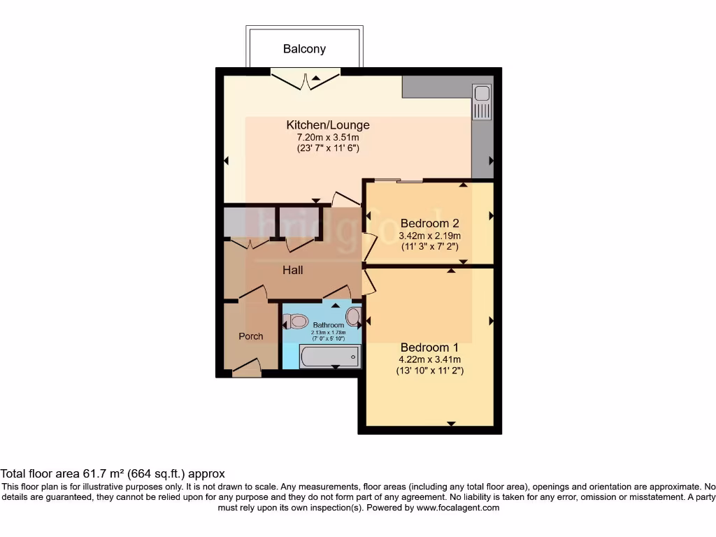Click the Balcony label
click(x=304, y=49)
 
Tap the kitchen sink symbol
click(x=482, y=101)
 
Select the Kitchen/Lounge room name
click(x=328, y=125)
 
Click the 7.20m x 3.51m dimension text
click(x=328, y=137)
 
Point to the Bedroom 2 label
click(x=429, y=224)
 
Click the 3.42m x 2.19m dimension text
click(x=429, y=236)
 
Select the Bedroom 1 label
click(x=429, y=348)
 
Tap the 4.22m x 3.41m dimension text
click(x=429, y=359)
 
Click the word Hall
click(x=292, y=270)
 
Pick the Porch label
click(x=251, y=336)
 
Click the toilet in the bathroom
click(x=296, y=322)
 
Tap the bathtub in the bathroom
click(x=329, y=357)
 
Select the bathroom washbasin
click(x=353, y=318)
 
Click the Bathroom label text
click(x=328, y=326)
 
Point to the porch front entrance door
click(x=246, y=367)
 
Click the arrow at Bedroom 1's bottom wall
click(x=451, y=423)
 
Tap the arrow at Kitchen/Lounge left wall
click(x=226, y=161)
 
